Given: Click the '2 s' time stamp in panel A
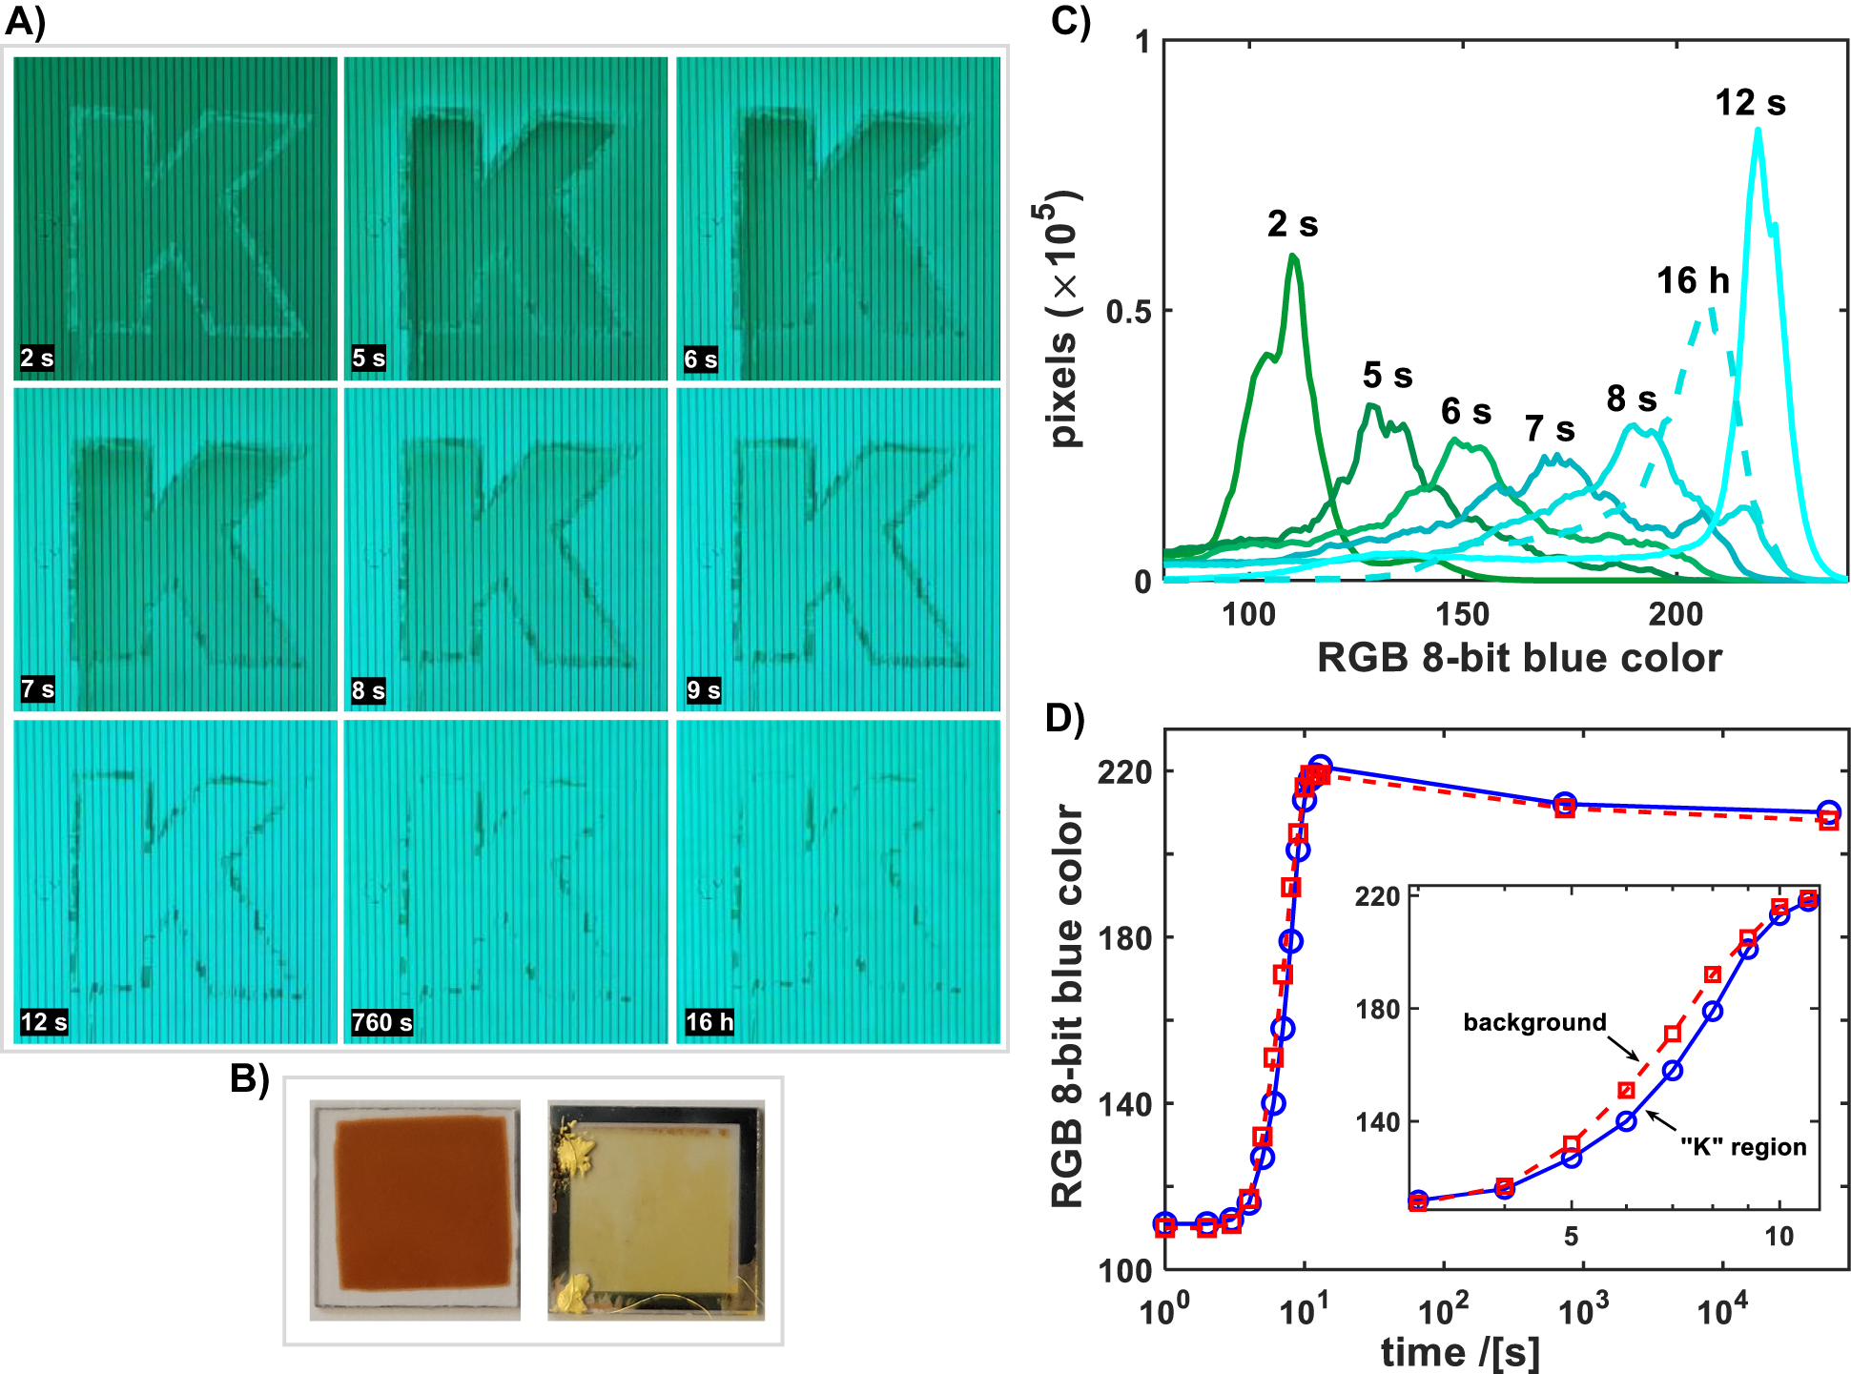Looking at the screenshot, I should [37, 359].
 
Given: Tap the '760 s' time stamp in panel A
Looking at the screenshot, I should [381, 1022].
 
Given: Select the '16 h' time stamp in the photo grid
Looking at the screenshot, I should [710, 1022].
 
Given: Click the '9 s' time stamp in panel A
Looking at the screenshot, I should [704, 690].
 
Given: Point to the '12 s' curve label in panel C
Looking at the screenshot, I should [1750, 103].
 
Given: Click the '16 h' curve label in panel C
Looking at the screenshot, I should [1693, 280].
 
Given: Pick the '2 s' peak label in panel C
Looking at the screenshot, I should [1292, 224].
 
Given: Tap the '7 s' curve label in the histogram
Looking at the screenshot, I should [1550, 429].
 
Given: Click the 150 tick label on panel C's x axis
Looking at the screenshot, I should [1462, 615].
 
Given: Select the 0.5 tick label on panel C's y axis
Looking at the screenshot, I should [1128, 312].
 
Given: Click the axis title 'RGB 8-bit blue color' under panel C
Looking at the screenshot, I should [1519, 659].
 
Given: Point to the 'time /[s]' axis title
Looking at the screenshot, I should [1460, 1352].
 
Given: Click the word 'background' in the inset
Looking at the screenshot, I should [1534, 1022].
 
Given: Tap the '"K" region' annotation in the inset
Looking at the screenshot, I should [1743, 1147].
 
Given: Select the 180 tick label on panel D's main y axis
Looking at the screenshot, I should [1124, 938].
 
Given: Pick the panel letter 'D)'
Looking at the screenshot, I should [1065, 718].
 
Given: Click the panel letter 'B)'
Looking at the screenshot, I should [250, 1077].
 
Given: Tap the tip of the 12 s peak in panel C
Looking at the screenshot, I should [1758, 130].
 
